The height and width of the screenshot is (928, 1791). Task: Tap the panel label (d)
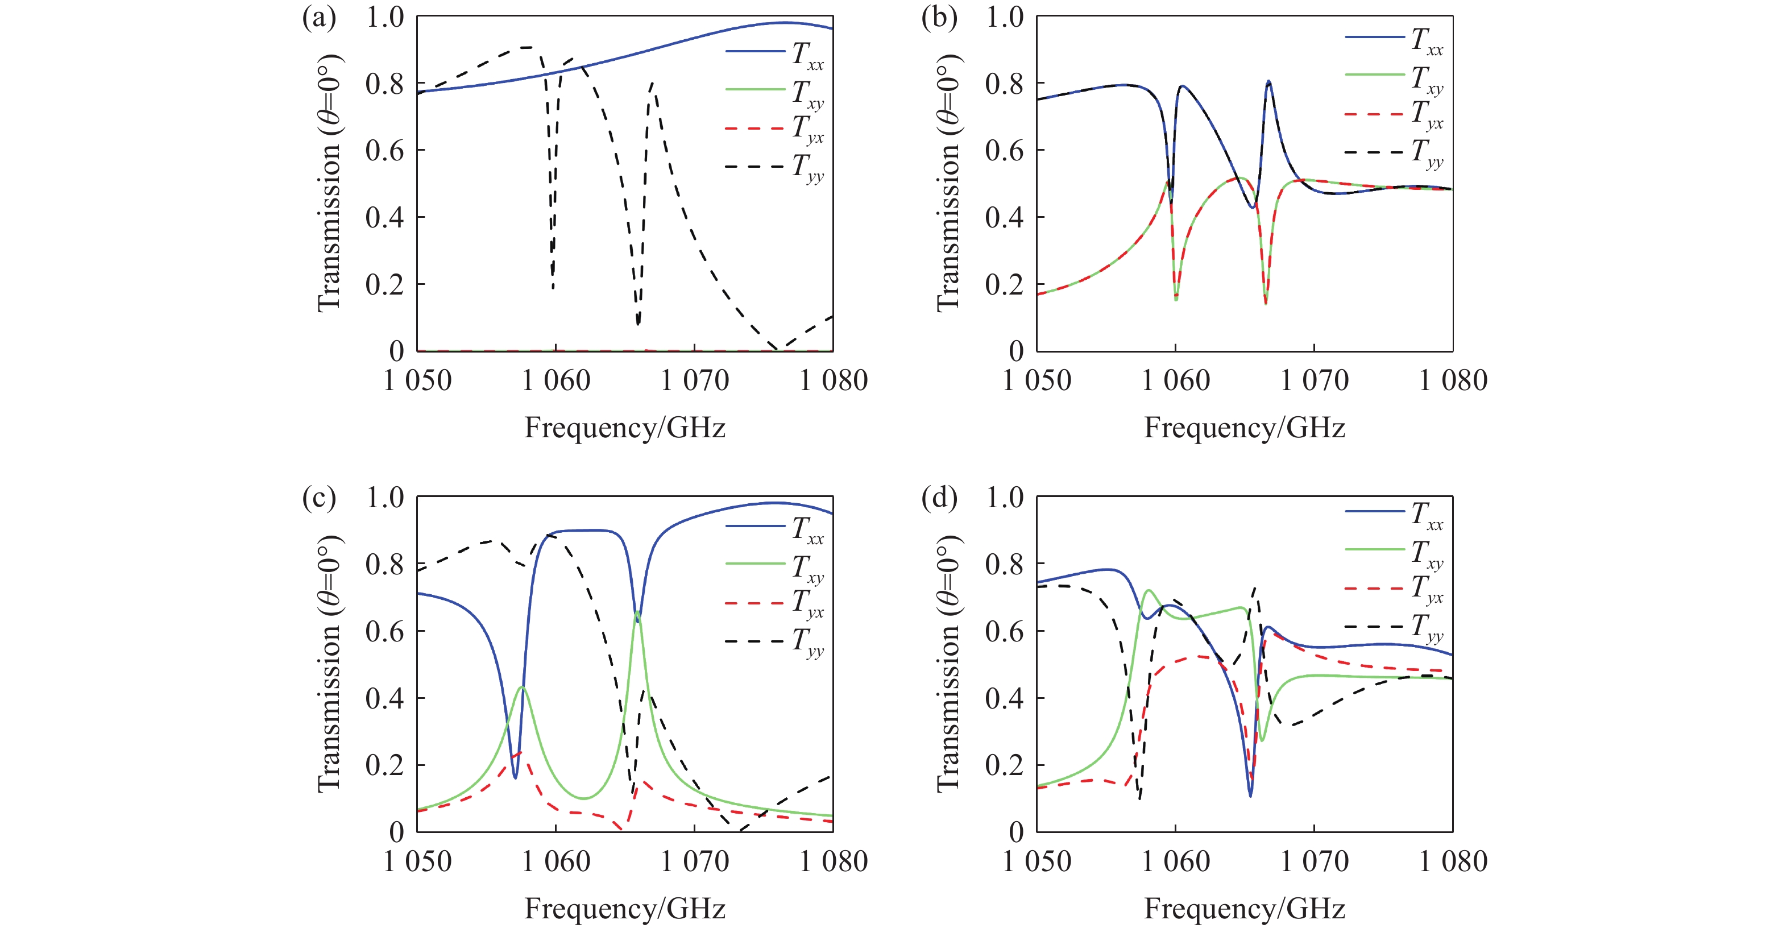[x=939, y=498]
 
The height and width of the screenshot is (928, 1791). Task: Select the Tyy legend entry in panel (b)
[x=1394, y=153]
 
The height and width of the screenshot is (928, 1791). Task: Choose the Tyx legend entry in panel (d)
[x=1394, y=590]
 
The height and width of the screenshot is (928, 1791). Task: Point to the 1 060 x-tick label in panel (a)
[x=555, y=380]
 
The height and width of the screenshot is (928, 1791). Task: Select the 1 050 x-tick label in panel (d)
[x=1037, y=861]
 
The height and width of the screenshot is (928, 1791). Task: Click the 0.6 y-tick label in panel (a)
[x=384, y=151]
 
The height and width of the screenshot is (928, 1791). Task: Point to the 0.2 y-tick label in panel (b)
[x=1004, y=284]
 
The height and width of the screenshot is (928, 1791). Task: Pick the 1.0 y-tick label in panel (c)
[x=384, y=498]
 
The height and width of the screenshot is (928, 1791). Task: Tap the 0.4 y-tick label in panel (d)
[x=1004, y=698]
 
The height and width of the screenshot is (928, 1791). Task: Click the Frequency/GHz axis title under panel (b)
[x=1245, y=428]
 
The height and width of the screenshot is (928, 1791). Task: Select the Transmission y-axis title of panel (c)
[x=328, y=664]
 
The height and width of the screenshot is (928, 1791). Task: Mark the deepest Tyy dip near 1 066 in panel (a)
[x=637, y=323]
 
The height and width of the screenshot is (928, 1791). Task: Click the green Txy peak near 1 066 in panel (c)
[x=637, y=612]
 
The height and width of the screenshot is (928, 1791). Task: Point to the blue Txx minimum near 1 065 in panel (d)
[x=1250, y=796]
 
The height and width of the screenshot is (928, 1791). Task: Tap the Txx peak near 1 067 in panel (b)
[x=1269, y=81]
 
